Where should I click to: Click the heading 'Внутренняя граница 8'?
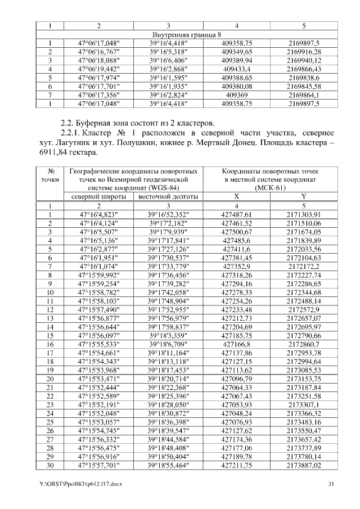(x=180, y=35)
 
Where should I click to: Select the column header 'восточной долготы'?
(x=168, y=196)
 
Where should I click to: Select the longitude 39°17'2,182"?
(x=168, y=223)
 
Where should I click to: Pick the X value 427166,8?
(x=237, y=344)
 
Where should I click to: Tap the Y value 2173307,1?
(x=304, y=404)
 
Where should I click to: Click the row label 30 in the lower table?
(x=51, y=466)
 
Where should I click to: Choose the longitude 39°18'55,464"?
(x=168, y=466)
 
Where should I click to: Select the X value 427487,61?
(x=237, y=214)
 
